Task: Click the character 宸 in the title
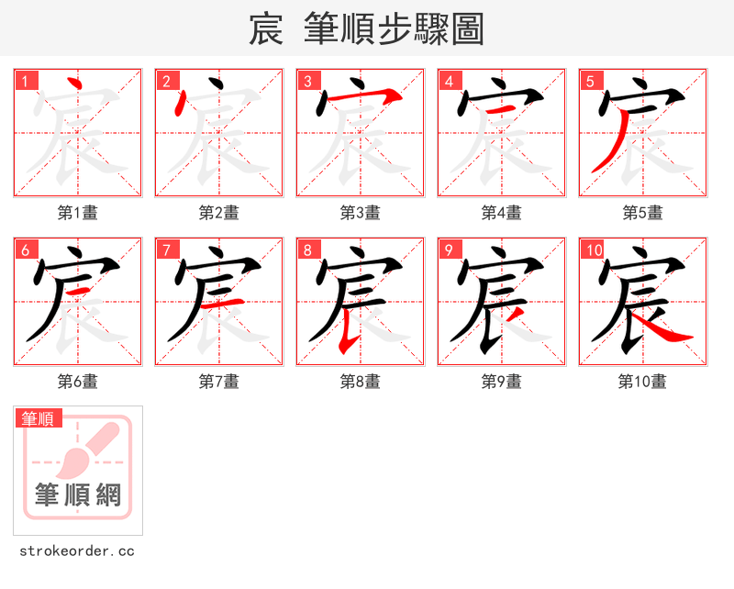tap(265, 29)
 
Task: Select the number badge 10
tap(593, 250)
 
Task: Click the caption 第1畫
tap(78, 213)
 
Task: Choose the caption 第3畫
tap(361, 213)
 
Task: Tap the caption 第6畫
tap(78, 382)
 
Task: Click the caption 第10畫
tap(642, 382)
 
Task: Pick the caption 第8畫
tap(361, 382)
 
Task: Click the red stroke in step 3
tap(362, 95)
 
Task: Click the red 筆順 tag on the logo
tap(39, 419)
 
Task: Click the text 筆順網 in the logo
tap(78, 495)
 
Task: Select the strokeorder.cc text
tap(77, 551)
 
